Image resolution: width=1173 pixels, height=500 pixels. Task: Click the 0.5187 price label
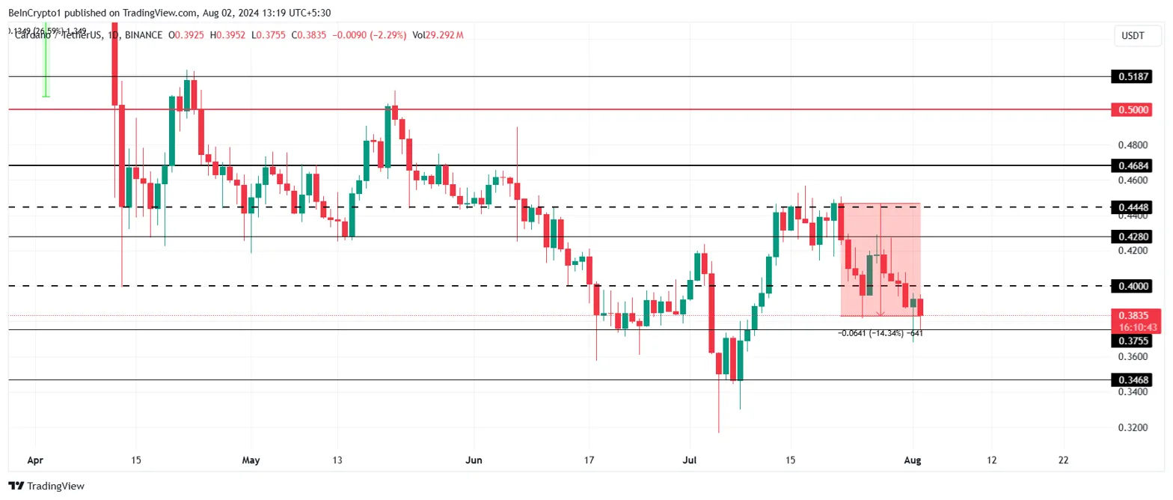1134,76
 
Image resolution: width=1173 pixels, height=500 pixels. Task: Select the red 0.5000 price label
1134,109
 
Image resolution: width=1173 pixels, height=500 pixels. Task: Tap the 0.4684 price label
1134,165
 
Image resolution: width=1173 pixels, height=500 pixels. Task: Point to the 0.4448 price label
1134,207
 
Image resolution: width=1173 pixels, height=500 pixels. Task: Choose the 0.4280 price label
1134,237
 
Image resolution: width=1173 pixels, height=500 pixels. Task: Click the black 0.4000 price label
1134,286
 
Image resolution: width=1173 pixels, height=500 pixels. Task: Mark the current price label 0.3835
1134,315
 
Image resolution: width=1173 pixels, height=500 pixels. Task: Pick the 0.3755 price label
1134,341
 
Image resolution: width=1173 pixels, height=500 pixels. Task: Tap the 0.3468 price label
1134,380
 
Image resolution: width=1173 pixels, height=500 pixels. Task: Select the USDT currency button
1134,34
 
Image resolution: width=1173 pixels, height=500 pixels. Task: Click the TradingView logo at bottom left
46,487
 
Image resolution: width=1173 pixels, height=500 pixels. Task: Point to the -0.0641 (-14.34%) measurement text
872,333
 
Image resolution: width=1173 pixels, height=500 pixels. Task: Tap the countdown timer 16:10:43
1139,327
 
